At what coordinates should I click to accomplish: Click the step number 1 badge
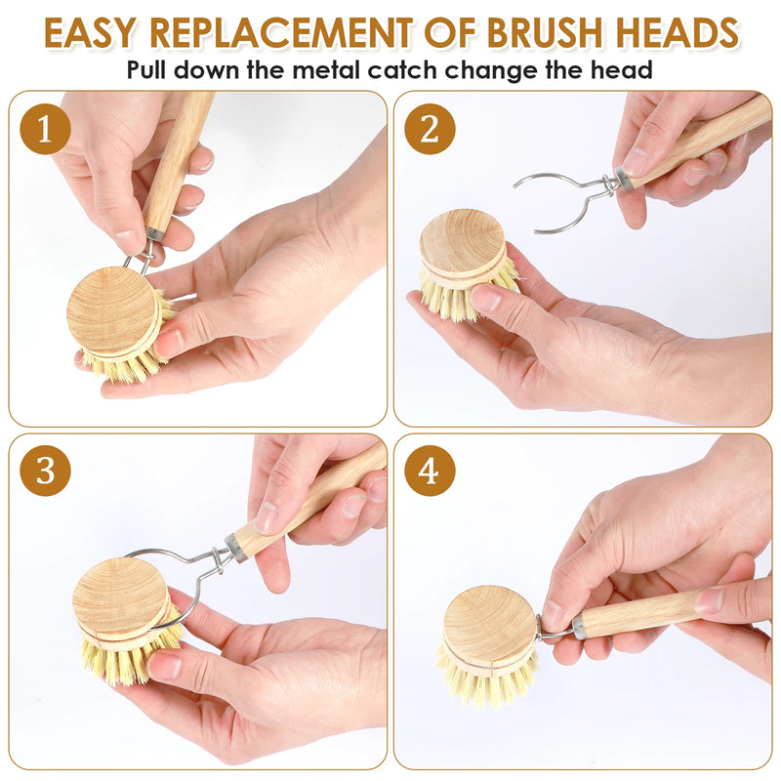(45, 130)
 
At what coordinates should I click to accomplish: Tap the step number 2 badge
(430, 130)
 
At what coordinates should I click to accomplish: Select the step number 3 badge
(45, 471)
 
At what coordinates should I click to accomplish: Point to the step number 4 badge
(430, 471)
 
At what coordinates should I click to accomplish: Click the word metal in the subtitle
(361, 70)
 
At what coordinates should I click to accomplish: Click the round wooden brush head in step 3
(120, 596)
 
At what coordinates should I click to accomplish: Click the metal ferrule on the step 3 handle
(235, 546)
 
